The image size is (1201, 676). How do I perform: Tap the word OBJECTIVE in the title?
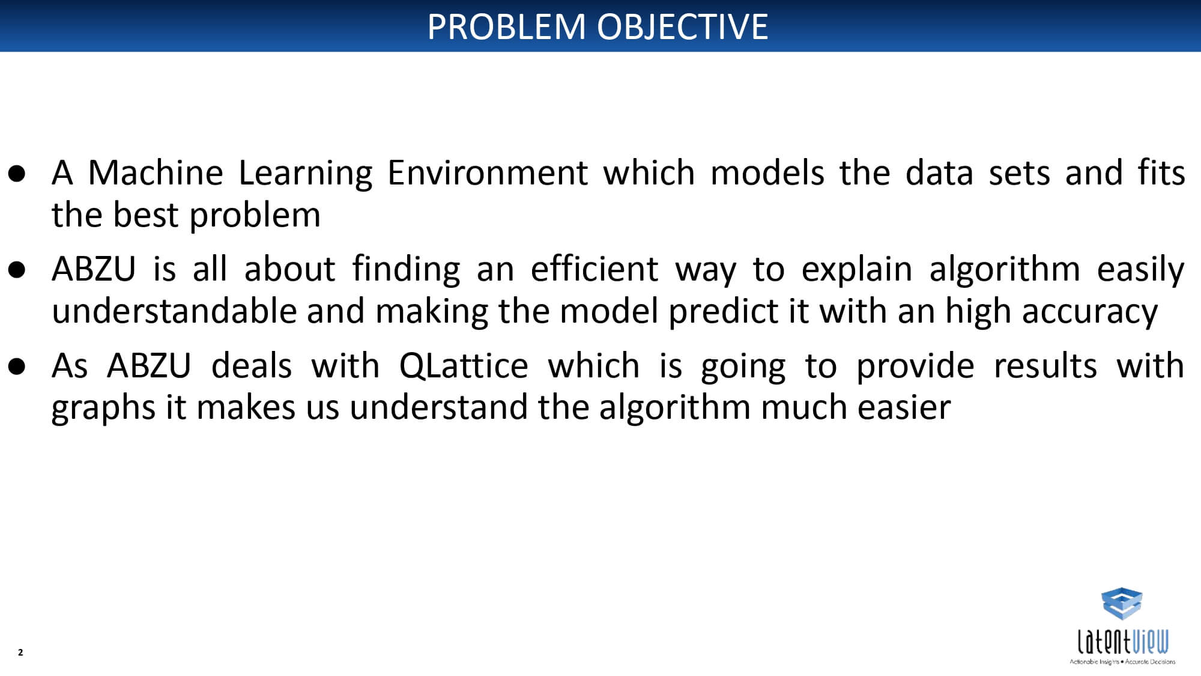[682, 26]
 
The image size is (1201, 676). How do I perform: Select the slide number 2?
[20, 652]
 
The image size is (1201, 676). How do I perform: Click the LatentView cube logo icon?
[1122, 603]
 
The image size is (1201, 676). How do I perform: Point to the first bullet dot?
[17, 174]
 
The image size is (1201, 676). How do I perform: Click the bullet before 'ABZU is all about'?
[17, 270]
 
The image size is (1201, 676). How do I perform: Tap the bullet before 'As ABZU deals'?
[17, 366]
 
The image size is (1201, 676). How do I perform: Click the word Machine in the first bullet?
[156, 172]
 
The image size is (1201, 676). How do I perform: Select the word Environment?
[487, 174]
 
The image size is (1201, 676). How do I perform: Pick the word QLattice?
[464, 366]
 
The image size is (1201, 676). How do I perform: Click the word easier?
[904, 407]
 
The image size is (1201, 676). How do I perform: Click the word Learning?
[305, 174]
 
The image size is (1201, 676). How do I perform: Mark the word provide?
[915, 366]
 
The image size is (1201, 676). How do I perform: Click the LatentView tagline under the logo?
[1122, 662]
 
